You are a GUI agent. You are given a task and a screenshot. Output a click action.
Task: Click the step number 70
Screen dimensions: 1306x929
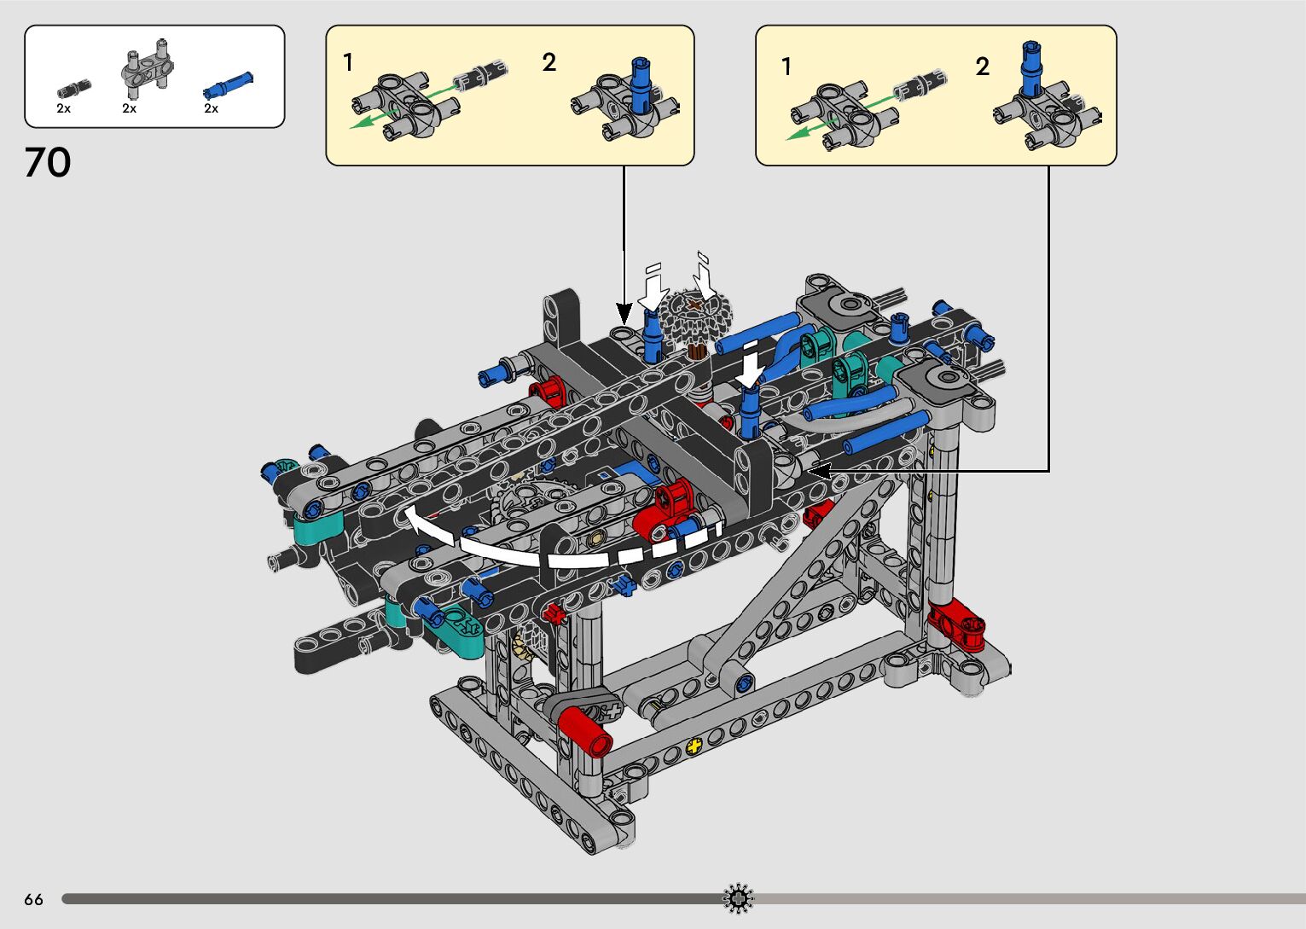point(48,162)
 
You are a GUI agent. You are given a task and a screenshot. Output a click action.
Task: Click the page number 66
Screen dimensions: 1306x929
point(34,899)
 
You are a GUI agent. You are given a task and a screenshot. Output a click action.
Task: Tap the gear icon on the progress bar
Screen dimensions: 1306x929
point(738,898)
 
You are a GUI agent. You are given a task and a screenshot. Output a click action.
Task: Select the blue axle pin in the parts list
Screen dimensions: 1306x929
point(228,85)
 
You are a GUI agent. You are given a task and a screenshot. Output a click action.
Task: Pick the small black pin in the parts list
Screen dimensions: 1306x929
point(74,89)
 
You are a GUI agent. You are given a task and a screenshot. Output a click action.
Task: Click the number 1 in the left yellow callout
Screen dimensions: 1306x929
point(348,62)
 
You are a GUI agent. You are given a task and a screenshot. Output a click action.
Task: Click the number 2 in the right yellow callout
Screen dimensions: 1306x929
point(983,67)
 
